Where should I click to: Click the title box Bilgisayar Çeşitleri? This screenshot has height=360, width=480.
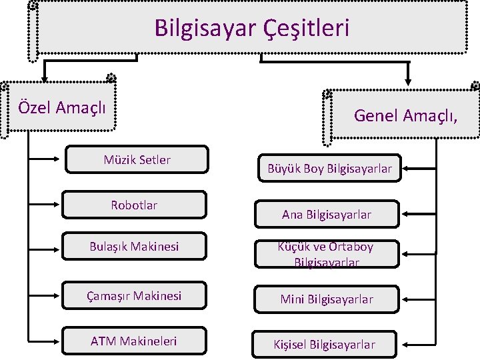247,28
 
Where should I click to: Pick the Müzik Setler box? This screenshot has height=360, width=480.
137,159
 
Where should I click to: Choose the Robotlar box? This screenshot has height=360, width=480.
134,205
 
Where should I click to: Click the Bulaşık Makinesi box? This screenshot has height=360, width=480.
134,246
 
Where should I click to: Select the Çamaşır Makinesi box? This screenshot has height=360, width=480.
134,295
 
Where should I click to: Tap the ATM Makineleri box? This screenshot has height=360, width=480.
134,341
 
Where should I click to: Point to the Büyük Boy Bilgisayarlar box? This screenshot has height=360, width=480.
329,168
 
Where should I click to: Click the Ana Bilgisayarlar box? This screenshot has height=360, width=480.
327,214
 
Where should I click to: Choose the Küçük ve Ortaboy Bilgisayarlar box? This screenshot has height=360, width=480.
327,254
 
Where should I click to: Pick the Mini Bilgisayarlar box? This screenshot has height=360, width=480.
327,299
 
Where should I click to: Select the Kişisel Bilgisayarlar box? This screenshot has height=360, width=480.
324,345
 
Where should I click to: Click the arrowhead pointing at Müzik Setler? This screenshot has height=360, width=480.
56,159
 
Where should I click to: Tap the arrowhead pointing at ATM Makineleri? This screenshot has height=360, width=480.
56,341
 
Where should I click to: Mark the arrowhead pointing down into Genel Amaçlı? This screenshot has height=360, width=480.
408,82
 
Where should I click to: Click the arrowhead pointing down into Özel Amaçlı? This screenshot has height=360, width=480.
45,79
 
